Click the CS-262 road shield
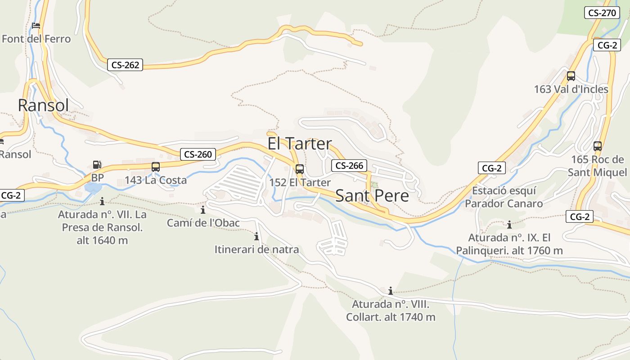[125, 65]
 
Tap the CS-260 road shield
[198, 154]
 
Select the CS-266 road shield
[349, 165]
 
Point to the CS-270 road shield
[602, 13]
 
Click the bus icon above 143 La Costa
[156, 167]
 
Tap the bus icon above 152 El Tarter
[300, 169]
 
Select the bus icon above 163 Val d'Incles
[571, 76]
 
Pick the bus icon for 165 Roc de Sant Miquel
[598, 146]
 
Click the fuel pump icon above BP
[97, 165]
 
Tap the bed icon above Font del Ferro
[36, 26]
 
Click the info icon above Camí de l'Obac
[203, 210]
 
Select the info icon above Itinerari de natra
[256, 236]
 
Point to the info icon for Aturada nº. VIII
[391, 291]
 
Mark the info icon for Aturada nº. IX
[509, 225]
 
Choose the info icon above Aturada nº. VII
[102, 201]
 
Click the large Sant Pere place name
[372, 196]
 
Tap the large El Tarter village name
[300, 144]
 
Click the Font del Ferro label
[36, 39]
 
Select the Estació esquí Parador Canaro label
[504, 197]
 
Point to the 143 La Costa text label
[156, 180]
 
